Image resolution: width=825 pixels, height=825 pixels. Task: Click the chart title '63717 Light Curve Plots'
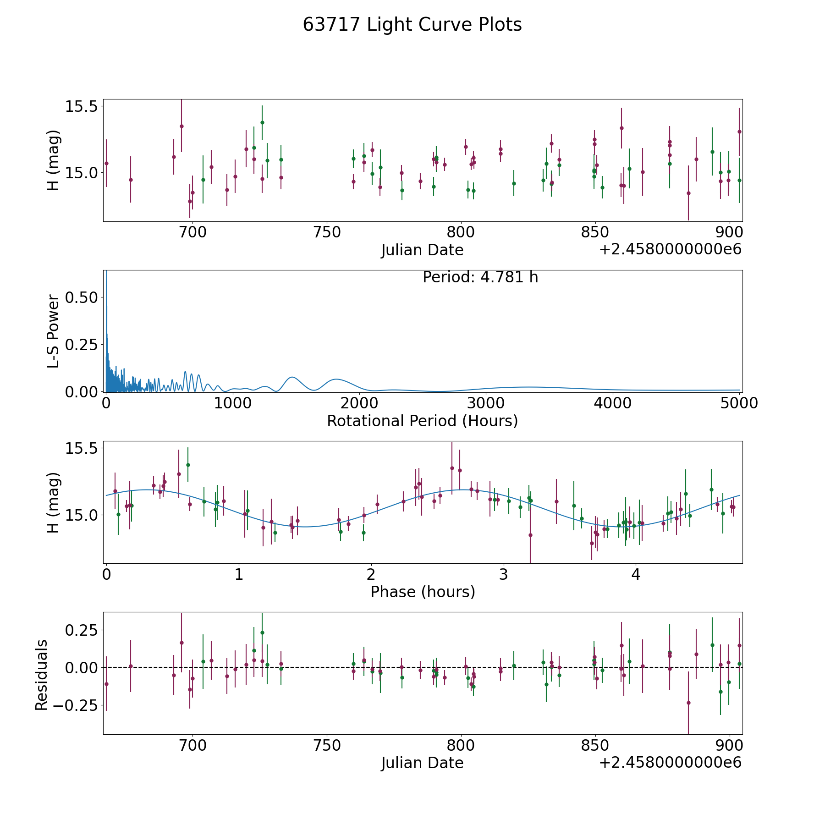pyautogui.click(x=412, y=25)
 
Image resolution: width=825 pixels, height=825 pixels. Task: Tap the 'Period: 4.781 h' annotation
pyautogui.click(x=480, y=277)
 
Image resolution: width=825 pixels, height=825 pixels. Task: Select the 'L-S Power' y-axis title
pyautogui.click(x=53, y=331)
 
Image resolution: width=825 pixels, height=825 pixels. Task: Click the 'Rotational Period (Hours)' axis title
pyautogui.click(x=422, y=421)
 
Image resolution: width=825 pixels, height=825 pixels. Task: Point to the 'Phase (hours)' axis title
pyautogui.click(x=423, y=592)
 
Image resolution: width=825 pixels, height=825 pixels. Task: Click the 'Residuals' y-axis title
pyautogui.click(x=41, y=675)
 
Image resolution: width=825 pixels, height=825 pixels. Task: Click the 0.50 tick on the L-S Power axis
pyautogui.click(x=82, y=297)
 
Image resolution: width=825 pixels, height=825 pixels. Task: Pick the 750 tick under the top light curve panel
pyautogui.click(x=327, y=232)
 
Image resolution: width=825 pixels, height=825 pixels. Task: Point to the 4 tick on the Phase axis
pyautogui.click(x=636, y=574)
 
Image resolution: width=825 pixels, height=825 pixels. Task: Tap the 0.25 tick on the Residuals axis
pyautogui.click(x=82, y=630)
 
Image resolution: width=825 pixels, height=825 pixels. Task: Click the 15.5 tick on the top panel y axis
pyautogui.click(x=82, y=106)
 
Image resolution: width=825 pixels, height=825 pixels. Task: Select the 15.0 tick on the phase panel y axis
pyautogui.click(x=82, y=515)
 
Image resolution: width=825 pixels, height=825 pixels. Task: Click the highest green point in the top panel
pyautogui.click(x=262, y=122)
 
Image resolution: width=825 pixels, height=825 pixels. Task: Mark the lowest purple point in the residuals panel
pyautogui.click(x=688, y=703)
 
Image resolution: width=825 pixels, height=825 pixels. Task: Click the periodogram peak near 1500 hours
pyautogui.click(x=292, y=377)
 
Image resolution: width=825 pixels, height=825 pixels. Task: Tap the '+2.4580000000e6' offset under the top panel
pyautogui.click(x=671, y=250)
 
